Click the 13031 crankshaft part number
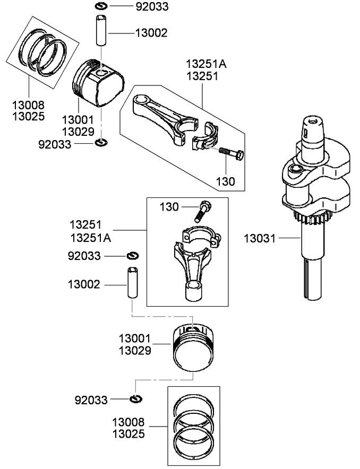pos(260,239)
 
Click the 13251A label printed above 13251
pos(206,64)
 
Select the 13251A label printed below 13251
pos(91,237)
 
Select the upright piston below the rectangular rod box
pos(193,347)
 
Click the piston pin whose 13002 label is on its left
pos(132,284)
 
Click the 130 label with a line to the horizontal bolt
pos(225,181)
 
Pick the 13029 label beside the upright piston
pos(135,350)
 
